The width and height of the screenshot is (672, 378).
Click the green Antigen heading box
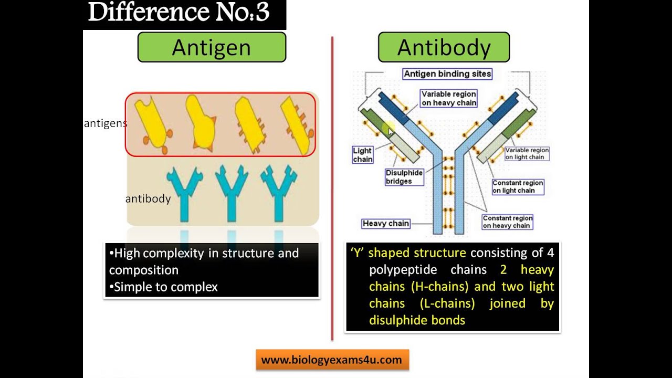coord(212,47)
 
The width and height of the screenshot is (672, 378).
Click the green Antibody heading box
coord(444,47)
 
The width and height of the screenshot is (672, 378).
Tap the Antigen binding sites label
coord(447,74)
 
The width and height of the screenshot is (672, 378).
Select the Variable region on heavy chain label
coord(448,98)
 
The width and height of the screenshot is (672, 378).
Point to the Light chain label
coord(362,155)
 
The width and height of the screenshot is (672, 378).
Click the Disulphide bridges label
coord(404,177)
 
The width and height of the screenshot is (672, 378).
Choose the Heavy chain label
coord(385,224)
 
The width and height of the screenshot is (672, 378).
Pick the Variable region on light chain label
coord(527,153)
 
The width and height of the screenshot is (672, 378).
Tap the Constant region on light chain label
coord(517,187)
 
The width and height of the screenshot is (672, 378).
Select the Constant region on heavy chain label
coord(507,222)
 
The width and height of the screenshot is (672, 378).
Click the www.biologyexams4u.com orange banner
coord(332,360)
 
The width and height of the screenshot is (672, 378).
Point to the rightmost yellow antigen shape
coord(297,125)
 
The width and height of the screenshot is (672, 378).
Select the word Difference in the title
coord(139,13)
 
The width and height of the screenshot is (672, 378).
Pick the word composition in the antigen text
coord(144,270)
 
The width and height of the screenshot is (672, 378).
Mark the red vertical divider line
coord(332,189)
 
